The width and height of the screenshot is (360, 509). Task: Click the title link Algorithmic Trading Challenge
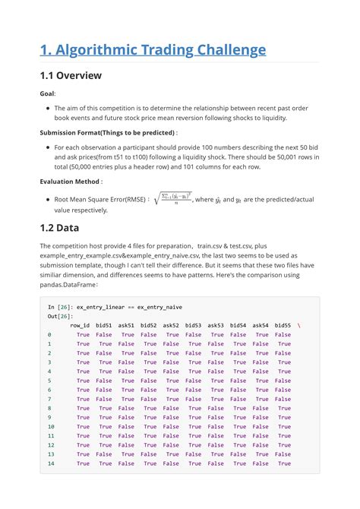click(x=153, y=50)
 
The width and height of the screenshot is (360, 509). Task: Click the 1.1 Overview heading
click(x=70, y=76)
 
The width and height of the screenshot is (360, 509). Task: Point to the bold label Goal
click(x=48, y=93)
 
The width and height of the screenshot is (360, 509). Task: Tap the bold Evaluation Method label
click(x=71, y=182)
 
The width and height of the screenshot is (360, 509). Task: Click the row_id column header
click(x=79, y=325)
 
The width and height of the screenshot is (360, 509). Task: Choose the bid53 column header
click(x=194, y=325)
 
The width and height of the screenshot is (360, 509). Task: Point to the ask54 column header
click(x=261, y=325)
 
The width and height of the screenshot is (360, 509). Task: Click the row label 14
click(x=51, y=463)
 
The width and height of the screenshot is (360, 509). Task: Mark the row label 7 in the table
click(x=49, y=399)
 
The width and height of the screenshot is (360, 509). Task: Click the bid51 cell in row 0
click(x=104, y=334)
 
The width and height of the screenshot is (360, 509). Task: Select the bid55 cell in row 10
click(x=283, y=426)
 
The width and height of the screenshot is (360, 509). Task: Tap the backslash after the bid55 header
click(x=298, y=325)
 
